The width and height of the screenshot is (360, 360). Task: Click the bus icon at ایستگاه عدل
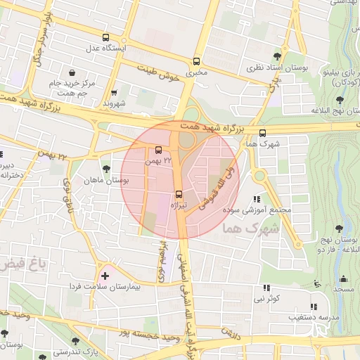pos(105,37)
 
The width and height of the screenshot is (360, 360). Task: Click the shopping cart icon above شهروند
pos(114,92)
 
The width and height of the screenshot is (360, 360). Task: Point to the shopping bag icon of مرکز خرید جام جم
pos(72,72)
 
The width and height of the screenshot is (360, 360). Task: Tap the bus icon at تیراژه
pos(178,193)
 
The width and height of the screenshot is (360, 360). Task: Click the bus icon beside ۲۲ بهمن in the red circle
pos(158,150)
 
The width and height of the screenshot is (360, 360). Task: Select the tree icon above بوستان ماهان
pos(105,169)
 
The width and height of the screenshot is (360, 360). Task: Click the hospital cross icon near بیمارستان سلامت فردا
pos(105,275)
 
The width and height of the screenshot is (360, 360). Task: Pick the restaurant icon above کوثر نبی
pos(266,288)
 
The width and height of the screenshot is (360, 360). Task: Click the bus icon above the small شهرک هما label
pos(263,132)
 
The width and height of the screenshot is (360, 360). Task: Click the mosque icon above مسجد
pos(344,278)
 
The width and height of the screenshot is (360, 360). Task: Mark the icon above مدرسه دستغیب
pos(314,307)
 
